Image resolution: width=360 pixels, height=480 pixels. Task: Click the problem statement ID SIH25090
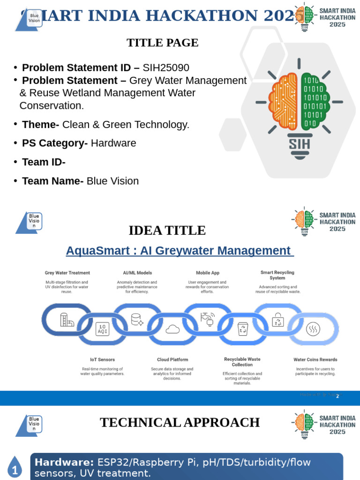[x=166, y=67]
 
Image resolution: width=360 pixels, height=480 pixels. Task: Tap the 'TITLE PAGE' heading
[x=162, y=43]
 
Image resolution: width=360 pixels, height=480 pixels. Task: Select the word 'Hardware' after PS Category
[x=113, y=143]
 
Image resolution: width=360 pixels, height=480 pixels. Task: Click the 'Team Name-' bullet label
[x=52, y=181]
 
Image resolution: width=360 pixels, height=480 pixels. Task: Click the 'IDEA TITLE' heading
[x=167, y=231]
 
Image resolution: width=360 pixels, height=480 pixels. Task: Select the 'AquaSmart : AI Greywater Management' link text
[x=180, y=251]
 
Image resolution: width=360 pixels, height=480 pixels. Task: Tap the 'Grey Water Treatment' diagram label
[x=67, y=273]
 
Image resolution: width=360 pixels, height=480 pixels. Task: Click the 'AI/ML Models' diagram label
[x=137, y=273]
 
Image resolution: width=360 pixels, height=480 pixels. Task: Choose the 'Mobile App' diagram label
[x=207, y=273]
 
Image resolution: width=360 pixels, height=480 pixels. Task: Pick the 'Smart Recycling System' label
[x=277, y=275]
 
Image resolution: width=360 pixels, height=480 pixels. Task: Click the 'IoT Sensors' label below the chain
[x=102, y=360]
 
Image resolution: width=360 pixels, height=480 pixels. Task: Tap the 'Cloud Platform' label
[x=172, y=360]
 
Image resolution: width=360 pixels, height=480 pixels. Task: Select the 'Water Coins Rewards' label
[x=315, y=360]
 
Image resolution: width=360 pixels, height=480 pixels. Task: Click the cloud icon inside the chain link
[x=172, y=329]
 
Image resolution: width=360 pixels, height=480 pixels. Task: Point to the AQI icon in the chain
[x=102, y=329]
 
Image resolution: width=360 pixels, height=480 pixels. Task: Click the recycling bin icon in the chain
[x=243, y=329]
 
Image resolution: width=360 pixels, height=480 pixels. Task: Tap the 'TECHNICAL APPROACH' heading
[x=180, y=422]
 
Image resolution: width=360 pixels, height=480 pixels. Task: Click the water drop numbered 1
[x=15, y=469]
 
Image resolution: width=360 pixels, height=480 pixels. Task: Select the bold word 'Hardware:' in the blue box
[x=64, y=462]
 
